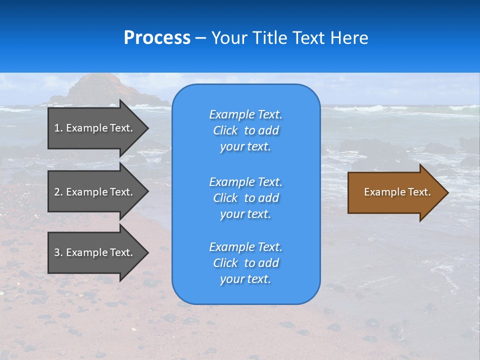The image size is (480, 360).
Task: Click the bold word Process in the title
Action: tap(157, 38)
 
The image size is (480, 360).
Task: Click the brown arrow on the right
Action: tap(395, 192)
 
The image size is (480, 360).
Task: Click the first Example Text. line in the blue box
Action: tap(245, 114)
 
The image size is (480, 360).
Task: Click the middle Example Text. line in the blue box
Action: tap(245, 181)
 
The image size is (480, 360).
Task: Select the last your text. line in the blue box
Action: tap(245, 279)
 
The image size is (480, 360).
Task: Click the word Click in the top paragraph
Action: tap(225, 130)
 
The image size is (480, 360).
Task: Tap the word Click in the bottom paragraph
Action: tap(225, 263)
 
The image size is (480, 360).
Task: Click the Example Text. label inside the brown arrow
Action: tap(397, 192)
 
